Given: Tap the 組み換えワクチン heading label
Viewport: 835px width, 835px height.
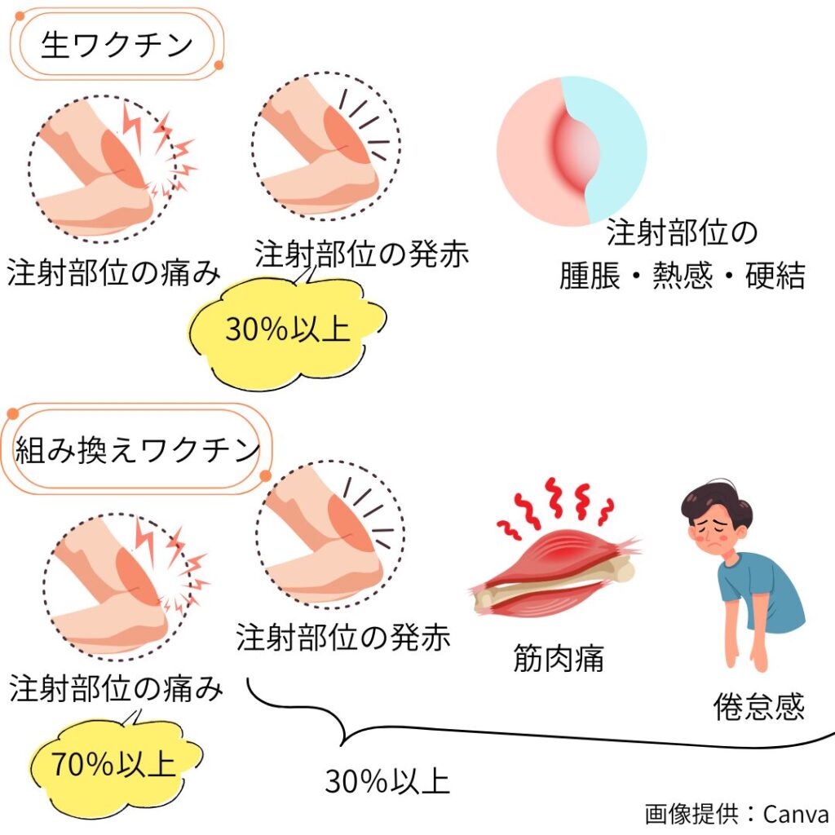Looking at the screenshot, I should [x=137, y=450].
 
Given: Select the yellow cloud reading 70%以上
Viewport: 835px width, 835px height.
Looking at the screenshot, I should [x=114, y=764].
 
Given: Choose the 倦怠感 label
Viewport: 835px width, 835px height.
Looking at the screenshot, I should [x=758, y=706].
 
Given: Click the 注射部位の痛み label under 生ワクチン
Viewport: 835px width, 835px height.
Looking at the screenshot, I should [x=114, y=273].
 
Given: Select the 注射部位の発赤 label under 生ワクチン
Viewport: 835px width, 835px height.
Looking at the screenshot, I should [x=362, y=254].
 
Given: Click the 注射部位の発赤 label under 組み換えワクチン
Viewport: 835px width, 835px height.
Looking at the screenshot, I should [x=343, y=638].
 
